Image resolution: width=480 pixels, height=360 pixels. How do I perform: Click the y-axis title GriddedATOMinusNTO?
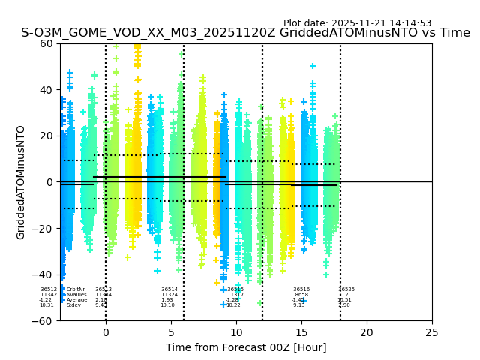[x=21, y=182]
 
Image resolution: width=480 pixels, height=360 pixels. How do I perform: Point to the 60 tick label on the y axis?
[x=47, y=43]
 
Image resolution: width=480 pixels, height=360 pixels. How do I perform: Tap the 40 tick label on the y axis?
[x=47, y=90]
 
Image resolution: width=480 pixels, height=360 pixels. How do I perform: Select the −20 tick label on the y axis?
[x=44, y=229]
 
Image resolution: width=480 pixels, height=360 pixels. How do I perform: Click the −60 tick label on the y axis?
[x=44, y=321]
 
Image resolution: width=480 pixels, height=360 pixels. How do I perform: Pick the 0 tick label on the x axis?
[x=106, y=331]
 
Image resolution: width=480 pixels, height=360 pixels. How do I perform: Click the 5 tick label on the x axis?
[x=171, y=331]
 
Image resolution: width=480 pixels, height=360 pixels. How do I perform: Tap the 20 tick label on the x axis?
[x=367, y=331]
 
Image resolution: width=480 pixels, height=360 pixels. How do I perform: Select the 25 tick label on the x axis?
[x=432, y=331]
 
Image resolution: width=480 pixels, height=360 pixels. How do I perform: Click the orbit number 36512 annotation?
[x=49, y=289]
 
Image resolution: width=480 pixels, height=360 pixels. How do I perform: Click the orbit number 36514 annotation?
[x=169, y=289]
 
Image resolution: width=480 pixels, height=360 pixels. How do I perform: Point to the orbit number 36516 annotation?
[x=301, y=289]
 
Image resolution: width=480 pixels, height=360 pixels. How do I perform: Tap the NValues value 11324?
[x=169, y=295]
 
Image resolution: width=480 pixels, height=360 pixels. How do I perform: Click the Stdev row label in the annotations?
[x=73, y=305]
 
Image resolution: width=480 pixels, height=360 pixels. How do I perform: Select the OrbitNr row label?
[x=76, y=289]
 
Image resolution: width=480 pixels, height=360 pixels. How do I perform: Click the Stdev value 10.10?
[x=167, y=305]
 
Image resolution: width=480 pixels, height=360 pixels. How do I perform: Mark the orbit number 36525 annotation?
[x=346, y=289]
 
